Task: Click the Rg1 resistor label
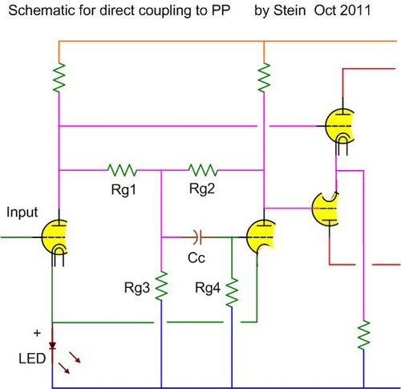point(124,190)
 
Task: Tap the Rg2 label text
point(202,188)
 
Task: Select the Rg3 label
point(137,288)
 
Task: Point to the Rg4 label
point(208,288)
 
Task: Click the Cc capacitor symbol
point(198,237)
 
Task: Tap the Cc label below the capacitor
point(196,258)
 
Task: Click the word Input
point(22,213)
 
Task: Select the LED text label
point(32,359)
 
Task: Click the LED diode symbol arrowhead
point(52,346)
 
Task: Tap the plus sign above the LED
point(37,333)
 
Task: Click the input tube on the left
point(55,237)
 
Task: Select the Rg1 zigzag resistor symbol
point(122,170)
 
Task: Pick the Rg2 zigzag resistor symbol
point(203,170)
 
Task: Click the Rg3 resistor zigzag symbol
point(161,286)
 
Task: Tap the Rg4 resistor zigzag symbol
point(232,292)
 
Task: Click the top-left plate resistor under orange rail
point(59,78)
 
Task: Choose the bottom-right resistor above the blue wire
point(363,334)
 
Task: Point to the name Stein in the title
point(290,10)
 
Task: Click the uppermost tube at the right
point(339,126)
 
